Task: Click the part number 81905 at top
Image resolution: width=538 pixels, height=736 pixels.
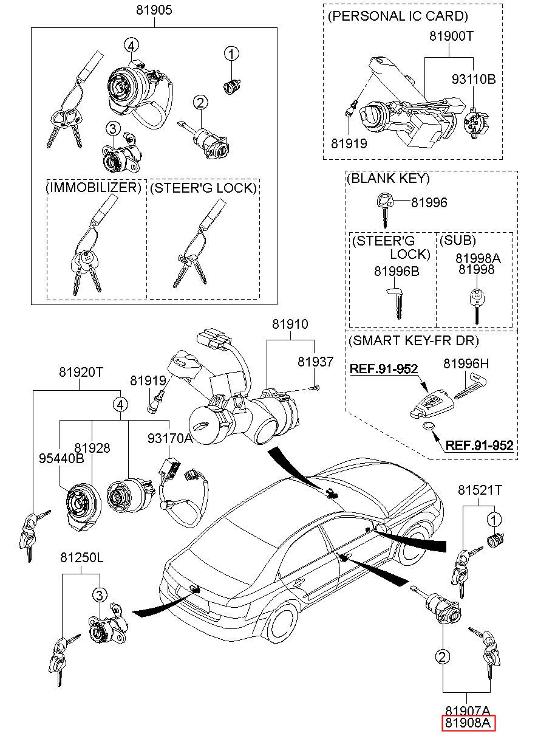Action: click(154, 10)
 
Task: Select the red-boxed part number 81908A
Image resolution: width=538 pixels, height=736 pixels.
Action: click(469, 723)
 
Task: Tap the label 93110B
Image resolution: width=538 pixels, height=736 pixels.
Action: click(474, 80)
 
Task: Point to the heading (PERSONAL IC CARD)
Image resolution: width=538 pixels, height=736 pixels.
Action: click(398, 16)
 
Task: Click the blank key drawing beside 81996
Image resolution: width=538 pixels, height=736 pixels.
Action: click(384, 207)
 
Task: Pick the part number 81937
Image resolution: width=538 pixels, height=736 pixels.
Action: click(315, 362)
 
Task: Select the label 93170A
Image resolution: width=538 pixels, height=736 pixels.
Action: click(170, 438)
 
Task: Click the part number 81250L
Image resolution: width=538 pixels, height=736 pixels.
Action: click(82, 557)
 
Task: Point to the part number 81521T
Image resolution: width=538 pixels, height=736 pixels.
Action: click(480, 490)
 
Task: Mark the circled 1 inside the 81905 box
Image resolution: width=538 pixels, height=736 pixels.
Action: click(231, 54)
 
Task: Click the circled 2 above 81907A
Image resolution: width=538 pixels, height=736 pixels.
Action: click(443, 656)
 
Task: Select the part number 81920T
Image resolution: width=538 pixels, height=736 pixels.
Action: click(82, 372)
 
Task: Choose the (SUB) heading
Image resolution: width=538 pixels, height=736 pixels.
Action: click(457, 240)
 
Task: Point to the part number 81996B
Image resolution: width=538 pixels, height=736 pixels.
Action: click(397, 271)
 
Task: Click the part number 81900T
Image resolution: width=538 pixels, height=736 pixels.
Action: click(451, 36)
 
